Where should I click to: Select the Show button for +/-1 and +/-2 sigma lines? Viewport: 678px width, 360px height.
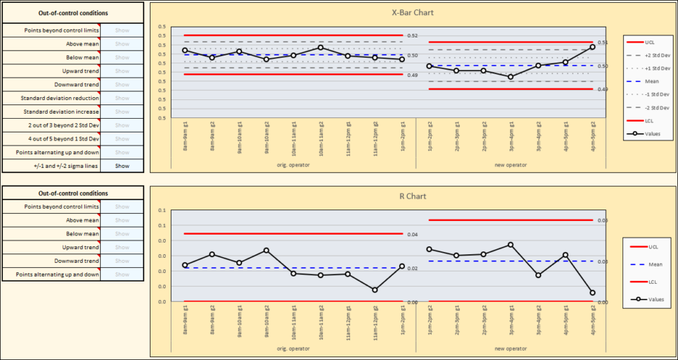pos(122,166)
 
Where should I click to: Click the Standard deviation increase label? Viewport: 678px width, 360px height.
pos(51,112)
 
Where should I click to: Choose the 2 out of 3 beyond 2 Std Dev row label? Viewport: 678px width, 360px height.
pos(51,125)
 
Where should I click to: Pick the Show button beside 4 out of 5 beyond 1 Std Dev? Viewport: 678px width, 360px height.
pos(122,139)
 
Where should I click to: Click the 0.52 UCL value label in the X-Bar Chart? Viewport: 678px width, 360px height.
pos(413,35)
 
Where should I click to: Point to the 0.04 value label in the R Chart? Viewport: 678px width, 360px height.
pos(413,234)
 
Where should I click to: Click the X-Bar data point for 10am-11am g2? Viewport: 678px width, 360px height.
pos(321,48)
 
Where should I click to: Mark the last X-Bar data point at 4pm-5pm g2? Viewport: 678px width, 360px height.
pos(592,47)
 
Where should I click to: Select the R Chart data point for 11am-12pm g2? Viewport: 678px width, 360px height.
pos(375,289)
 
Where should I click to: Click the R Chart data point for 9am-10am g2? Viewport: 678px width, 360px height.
pos(266,250)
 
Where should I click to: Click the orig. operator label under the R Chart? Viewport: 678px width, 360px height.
pos(293,348)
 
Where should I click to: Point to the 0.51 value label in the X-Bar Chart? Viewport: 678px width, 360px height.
pos(603,42)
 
